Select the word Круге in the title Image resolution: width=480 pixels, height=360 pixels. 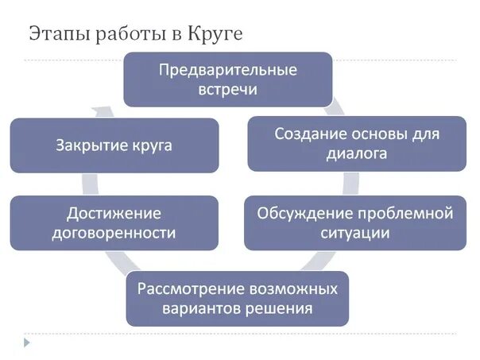coord(214,34)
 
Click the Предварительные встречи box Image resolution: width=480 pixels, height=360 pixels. coord(227,79)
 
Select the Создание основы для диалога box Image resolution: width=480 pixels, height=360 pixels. coord(356,143)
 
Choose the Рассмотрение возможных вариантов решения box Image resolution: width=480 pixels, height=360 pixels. coord(237,297)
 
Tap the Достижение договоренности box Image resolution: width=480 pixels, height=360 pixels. coord(114,223)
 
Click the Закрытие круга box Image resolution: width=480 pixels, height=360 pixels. coord(114,145)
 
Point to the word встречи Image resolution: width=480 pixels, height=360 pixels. coord(227,89)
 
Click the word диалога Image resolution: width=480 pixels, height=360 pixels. coord(356,154)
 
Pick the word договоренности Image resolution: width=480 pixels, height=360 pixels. coord(114,234)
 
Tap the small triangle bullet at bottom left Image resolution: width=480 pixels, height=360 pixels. coord(26,343)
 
